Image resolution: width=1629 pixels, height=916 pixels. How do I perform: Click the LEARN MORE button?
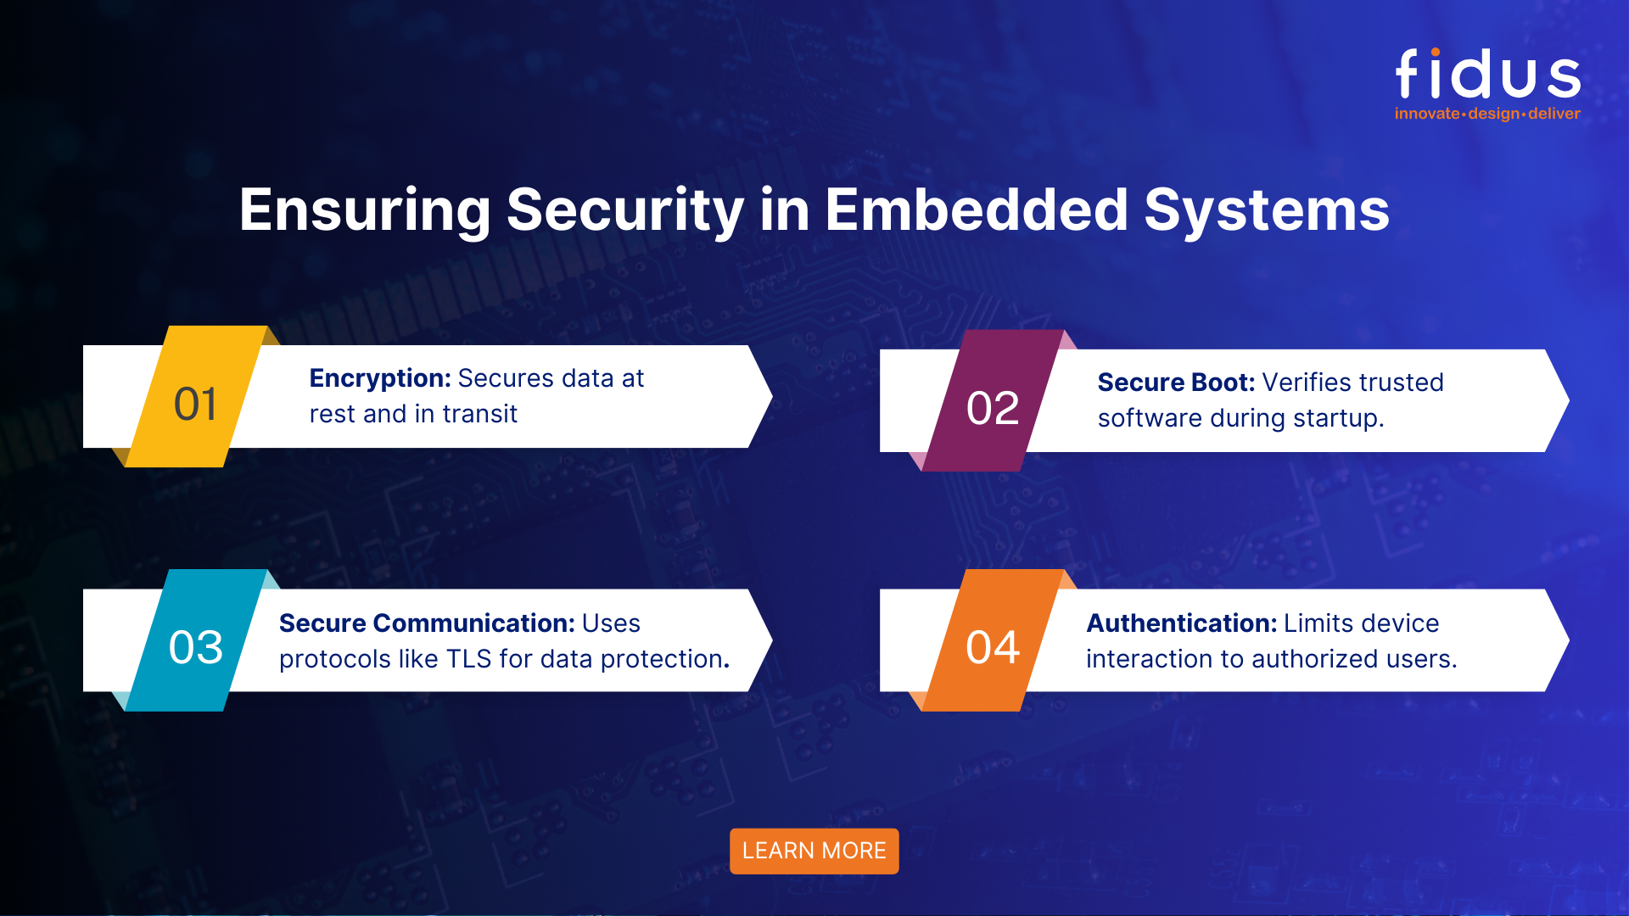[814, 851]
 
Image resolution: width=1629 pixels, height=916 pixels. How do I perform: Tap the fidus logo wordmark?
[1488, 75]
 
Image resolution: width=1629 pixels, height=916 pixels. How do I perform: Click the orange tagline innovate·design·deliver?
[1487, 114]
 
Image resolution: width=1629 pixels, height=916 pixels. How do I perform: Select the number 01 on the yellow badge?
[195, 405]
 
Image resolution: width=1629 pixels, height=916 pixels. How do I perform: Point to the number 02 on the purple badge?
[993, 409]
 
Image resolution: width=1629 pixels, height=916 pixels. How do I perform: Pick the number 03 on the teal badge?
[196, 648]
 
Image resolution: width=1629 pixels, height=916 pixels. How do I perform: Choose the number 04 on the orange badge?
[993, 648]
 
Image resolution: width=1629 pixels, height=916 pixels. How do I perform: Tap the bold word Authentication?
[1182, 623]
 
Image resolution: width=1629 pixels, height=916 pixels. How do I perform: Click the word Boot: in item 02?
[1223, 383]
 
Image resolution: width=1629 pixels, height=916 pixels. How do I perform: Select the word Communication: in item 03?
[474, 623]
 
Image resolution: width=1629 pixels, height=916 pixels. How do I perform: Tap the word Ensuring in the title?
[365, 209]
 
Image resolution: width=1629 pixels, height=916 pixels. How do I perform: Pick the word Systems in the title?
[1267, 209]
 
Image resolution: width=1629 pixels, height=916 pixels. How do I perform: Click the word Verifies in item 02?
[1302, 383]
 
